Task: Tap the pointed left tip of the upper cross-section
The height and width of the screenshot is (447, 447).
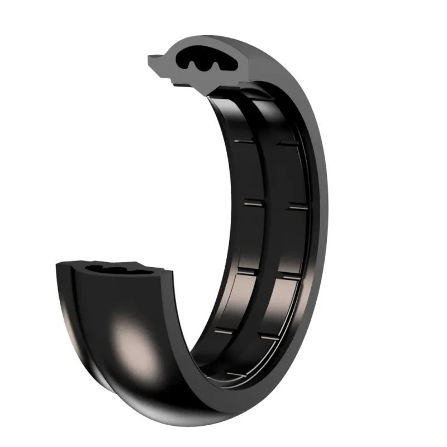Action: pos(149,58)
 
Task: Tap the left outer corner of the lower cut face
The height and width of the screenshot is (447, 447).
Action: pos(59,265)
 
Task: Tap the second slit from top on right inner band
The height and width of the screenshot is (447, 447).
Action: pos(296,207)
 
